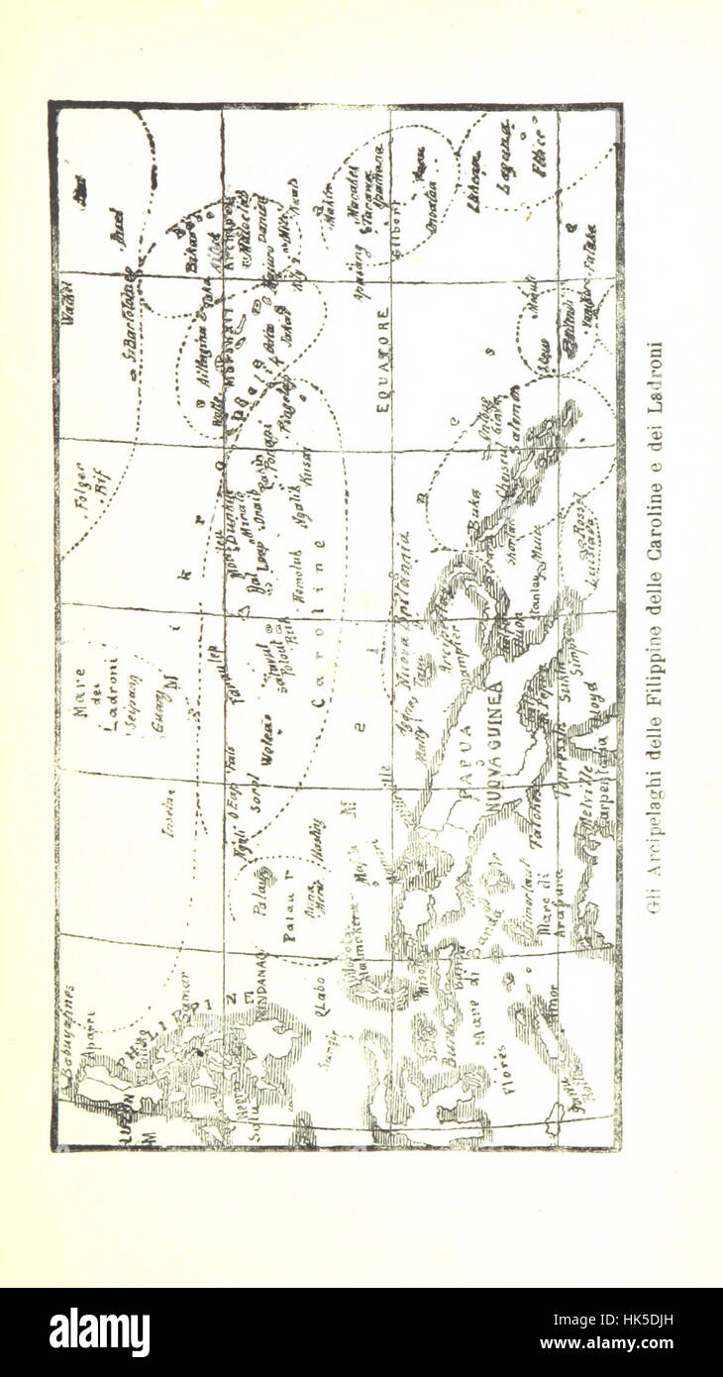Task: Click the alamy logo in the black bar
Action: coord(99,1331)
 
